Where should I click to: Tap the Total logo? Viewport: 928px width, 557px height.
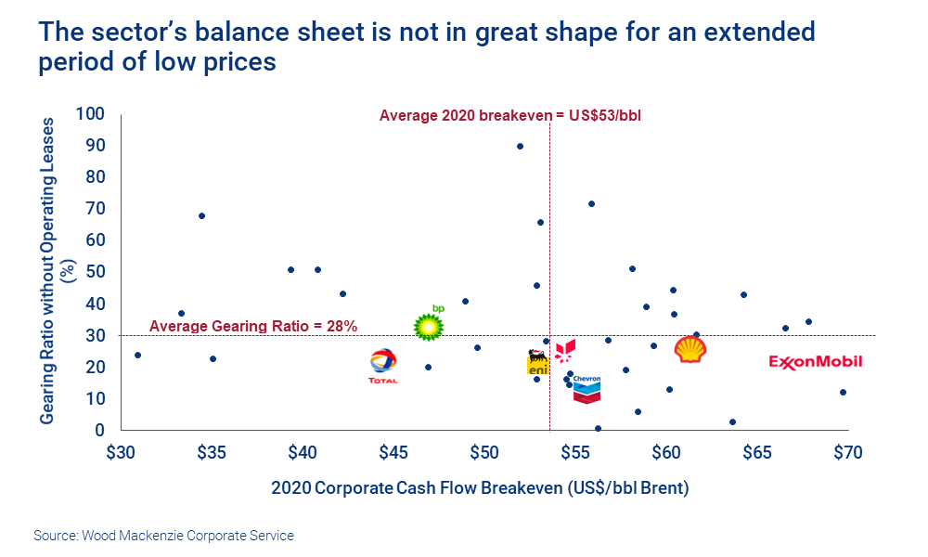pos(383,366)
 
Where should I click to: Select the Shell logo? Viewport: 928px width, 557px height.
pos(691,350)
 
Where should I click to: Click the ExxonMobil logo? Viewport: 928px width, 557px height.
pos(816,361)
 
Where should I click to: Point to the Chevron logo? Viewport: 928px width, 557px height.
pos(586,389)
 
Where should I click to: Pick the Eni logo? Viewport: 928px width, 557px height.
pos(538,363)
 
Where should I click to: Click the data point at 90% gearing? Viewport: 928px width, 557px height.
pos(520,147)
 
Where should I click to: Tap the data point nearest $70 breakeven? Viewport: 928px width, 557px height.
pos(843,393)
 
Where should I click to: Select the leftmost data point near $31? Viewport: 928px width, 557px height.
pos(137,356)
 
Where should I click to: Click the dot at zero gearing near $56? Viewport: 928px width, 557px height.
pos(598,429)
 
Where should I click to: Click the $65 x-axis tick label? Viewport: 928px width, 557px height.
pos(757,452)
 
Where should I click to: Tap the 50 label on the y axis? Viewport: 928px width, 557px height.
pos(95,272)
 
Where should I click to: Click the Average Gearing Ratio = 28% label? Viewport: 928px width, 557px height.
pos(253,326)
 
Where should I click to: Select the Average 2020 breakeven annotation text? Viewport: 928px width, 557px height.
pos(510,116)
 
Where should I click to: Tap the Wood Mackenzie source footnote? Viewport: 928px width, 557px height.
pos(163,536)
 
